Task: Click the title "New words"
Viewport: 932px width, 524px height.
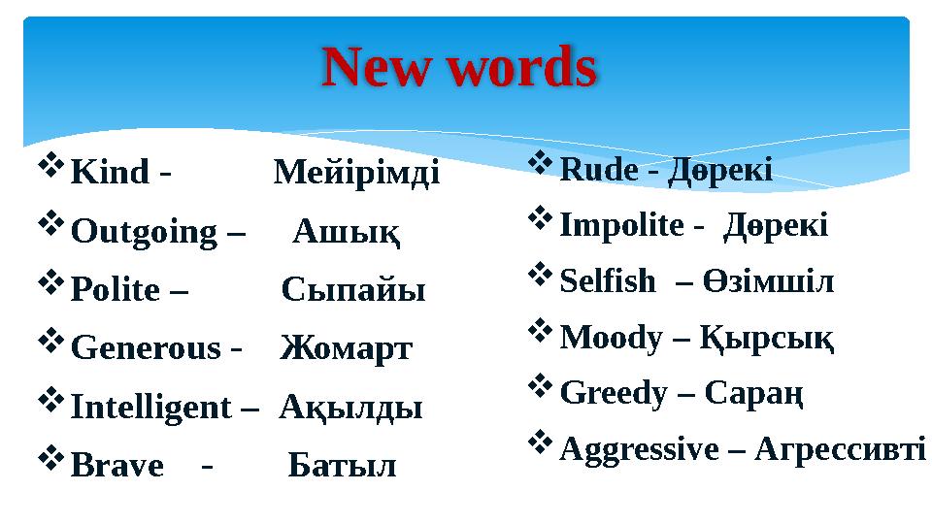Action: (x=458, y=69)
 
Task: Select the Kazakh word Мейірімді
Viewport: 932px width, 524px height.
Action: (x=356, y=174)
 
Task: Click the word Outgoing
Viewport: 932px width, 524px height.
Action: (x=145, y=233)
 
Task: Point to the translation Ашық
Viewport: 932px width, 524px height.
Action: (x=348, y=233)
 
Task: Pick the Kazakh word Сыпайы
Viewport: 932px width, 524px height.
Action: (x=354, y=291)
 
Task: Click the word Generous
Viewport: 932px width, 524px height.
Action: (x=146, y=348)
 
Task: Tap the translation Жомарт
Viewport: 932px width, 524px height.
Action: (x=347, y=348)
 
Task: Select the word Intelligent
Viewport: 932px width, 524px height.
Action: (x=151, y=407)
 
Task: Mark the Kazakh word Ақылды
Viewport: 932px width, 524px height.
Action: (x=350, y=407)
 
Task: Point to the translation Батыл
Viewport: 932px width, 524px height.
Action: (x=343, y=466)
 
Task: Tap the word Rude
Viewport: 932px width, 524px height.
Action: (x=599, y=172)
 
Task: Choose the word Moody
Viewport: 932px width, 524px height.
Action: (x=612, y=339)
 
